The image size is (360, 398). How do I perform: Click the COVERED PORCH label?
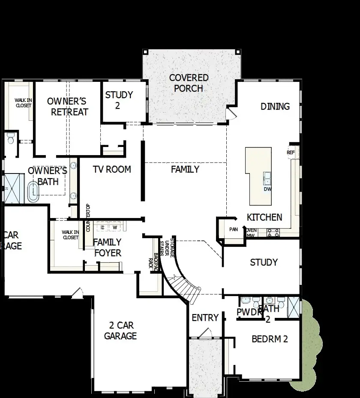point(189,83)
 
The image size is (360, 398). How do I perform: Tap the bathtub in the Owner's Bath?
point(32,192)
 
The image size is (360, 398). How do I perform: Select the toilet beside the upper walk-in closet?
point(11,138)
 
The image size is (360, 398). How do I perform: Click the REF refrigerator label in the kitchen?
point(291,153)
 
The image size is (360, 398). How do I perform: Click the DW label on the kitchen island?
point(267,189)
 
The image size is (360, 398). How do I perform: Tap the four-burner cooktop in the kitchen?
point(273,233)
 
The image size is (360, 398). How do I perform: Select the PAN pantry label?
point(233,230)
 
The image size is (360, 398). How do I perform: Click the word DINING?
point(275,106)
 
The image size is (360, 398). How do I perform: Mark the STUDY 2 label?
point(119,100)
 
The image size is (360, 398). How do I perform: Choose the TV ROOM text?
point(111,169)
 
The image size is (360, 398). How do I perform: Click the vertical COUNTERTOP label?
point(88,218)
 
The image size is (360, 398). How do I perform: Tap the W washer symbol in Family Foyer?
point(115,227)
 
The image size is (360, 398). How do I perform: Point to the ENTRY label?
point(205,318)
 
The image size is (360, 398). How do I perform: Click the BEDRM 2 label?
point(269,339)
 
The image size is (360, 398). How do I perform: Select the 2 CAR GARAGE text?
point(120,330)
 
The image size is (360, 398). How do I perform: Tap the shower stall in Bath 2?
point(294,306)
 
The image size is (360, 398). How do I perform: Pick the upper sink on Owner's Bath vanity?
point(73,165)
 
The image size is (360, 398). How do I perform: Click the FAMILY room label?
point(185,169)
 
